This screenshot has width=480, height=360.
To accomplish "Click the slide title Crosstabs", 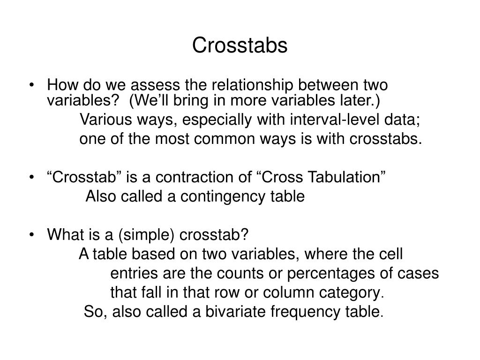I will pos(240,45).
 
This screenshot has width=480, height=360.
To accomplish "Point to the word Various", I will pos(100,120).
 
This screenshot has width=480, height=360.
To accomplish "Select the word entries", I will pos(130,273).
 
